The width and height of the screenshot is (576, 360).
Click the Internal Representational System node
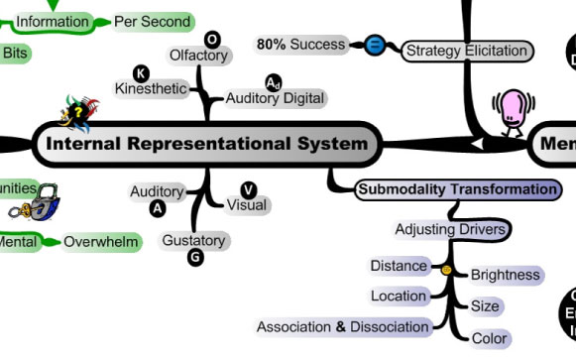tap(205, 145)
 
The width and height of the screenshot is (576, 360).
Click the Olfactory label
tap(198, 56)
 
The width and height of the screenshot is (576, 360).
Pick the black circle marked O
tap(212, 39)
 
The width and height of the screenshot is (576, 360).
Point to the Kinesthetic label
tap(151, 88)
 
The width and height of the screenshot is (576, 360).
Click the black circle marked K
tap(141, 72)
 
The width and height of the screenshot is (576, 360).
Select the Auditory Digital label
tap(275, 98)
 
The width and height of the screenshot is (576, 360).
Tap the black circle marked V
tap(249, 189)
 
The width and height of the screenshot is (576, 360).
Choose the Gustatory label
tap(195, 240)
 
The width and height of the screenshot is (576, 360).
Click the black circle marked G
tap(195, 258)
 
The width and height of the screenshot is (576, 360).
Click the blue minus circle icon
tap(374, 46)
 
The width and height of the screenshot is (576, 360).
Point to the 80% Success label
tap(300, 45)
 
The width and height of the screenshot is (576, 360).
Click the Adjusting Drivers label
tap(451, 229)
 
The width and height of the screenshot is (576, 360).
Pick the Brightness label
tap(505, 275)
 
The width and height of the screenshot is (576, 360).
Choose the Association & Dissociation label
tap(342, 326)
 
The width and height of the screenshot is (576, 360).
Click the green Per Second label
tap(152, 21)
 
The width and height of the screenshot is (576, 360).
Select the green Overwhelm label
tap(99, 242)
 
